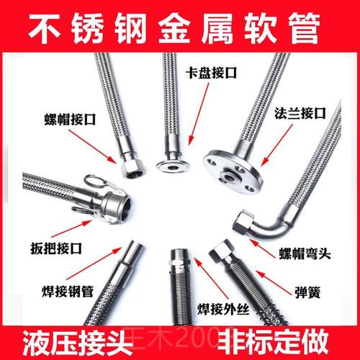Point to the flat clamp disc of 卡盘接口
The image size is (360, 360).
[x=172, y=165]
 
